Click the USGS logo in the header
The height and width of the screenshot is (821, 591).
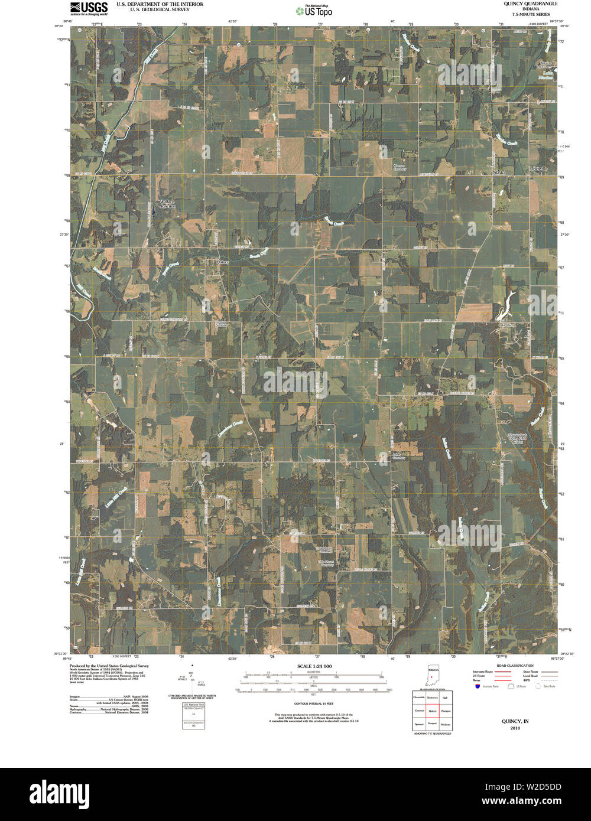(89, 8)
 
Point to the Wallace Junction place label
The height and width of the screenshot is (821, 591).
(167, 204)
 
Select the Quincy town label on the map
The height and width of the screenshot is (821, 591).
(222, 261)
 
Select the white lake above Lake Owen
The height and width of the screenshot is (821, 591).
(506, 304)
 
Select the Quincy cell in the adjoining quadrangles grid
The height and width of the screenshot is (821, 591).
(433, 711)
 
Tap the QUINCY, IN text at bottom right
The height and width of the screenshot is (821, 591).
(515, 722)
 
